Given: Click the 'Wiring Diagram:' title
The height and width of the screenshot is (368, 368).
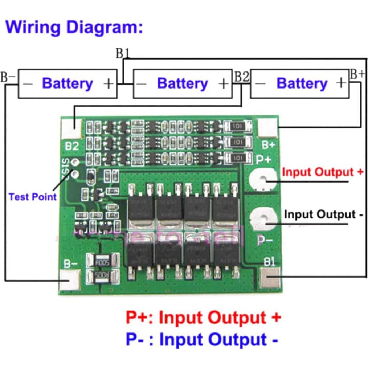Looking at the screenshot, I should pyautogui.click(x=74, y=28).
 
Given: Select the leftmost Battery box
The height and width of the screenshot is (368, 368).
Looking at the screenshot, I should pyautogui.click(x=68, y=83).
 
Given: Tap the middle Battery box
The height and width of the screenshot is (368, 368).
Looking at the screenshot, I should pyautogui.click(x=183, y=83).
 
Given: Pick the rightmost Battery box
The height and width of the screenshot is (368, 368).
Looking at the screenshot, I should pyautogui.click(x=299, y=83).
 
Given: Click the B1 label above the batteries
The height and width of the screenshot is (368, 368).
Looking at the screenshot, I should pyautogui.click(x=123, y=53).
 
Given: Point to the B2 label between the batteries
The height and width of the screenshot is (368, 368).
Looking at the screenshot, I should pyautogui.click(x=242, y=77).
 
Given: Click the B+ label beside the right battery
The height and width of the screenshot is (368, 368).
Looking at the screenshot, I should pyautogui.click(x=357, y=74).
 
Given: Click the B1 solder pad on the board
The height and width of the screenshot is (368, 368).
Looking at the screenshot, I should pyautogui.click(x=270, y=278).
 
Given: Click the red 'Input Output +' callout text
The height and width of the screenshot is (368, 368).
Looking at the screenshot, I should pyautogui.click(x=322, y=172).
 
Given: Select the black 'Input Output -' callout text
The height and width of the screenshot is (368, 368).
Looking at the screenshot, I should pyautogui.click(x=323, y=214).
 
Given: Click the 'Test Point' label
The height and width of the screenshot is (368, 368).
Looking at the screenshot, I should pyautogui.click(x=33, y=197).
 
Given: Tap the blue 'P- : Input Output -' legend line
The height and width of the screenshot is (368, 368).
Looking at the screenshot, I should pyautogui.click(x=202, y=340).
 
